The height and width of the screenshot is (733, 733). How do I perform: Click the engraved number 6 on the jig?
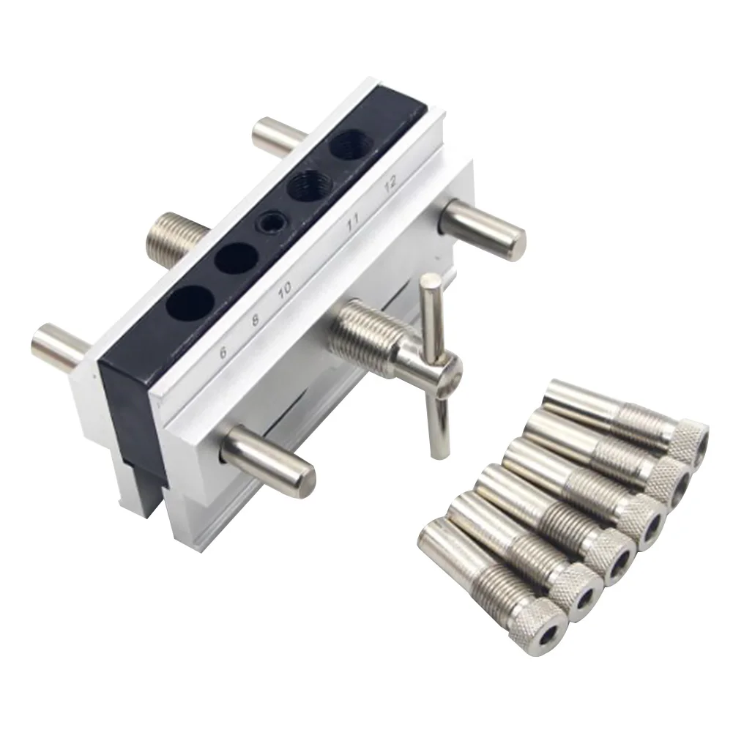223,351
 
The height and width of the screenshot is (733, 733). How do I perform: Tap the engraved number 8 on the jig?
256,319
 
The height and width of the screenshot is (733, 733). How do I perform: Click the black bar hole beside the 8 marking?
236,258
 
